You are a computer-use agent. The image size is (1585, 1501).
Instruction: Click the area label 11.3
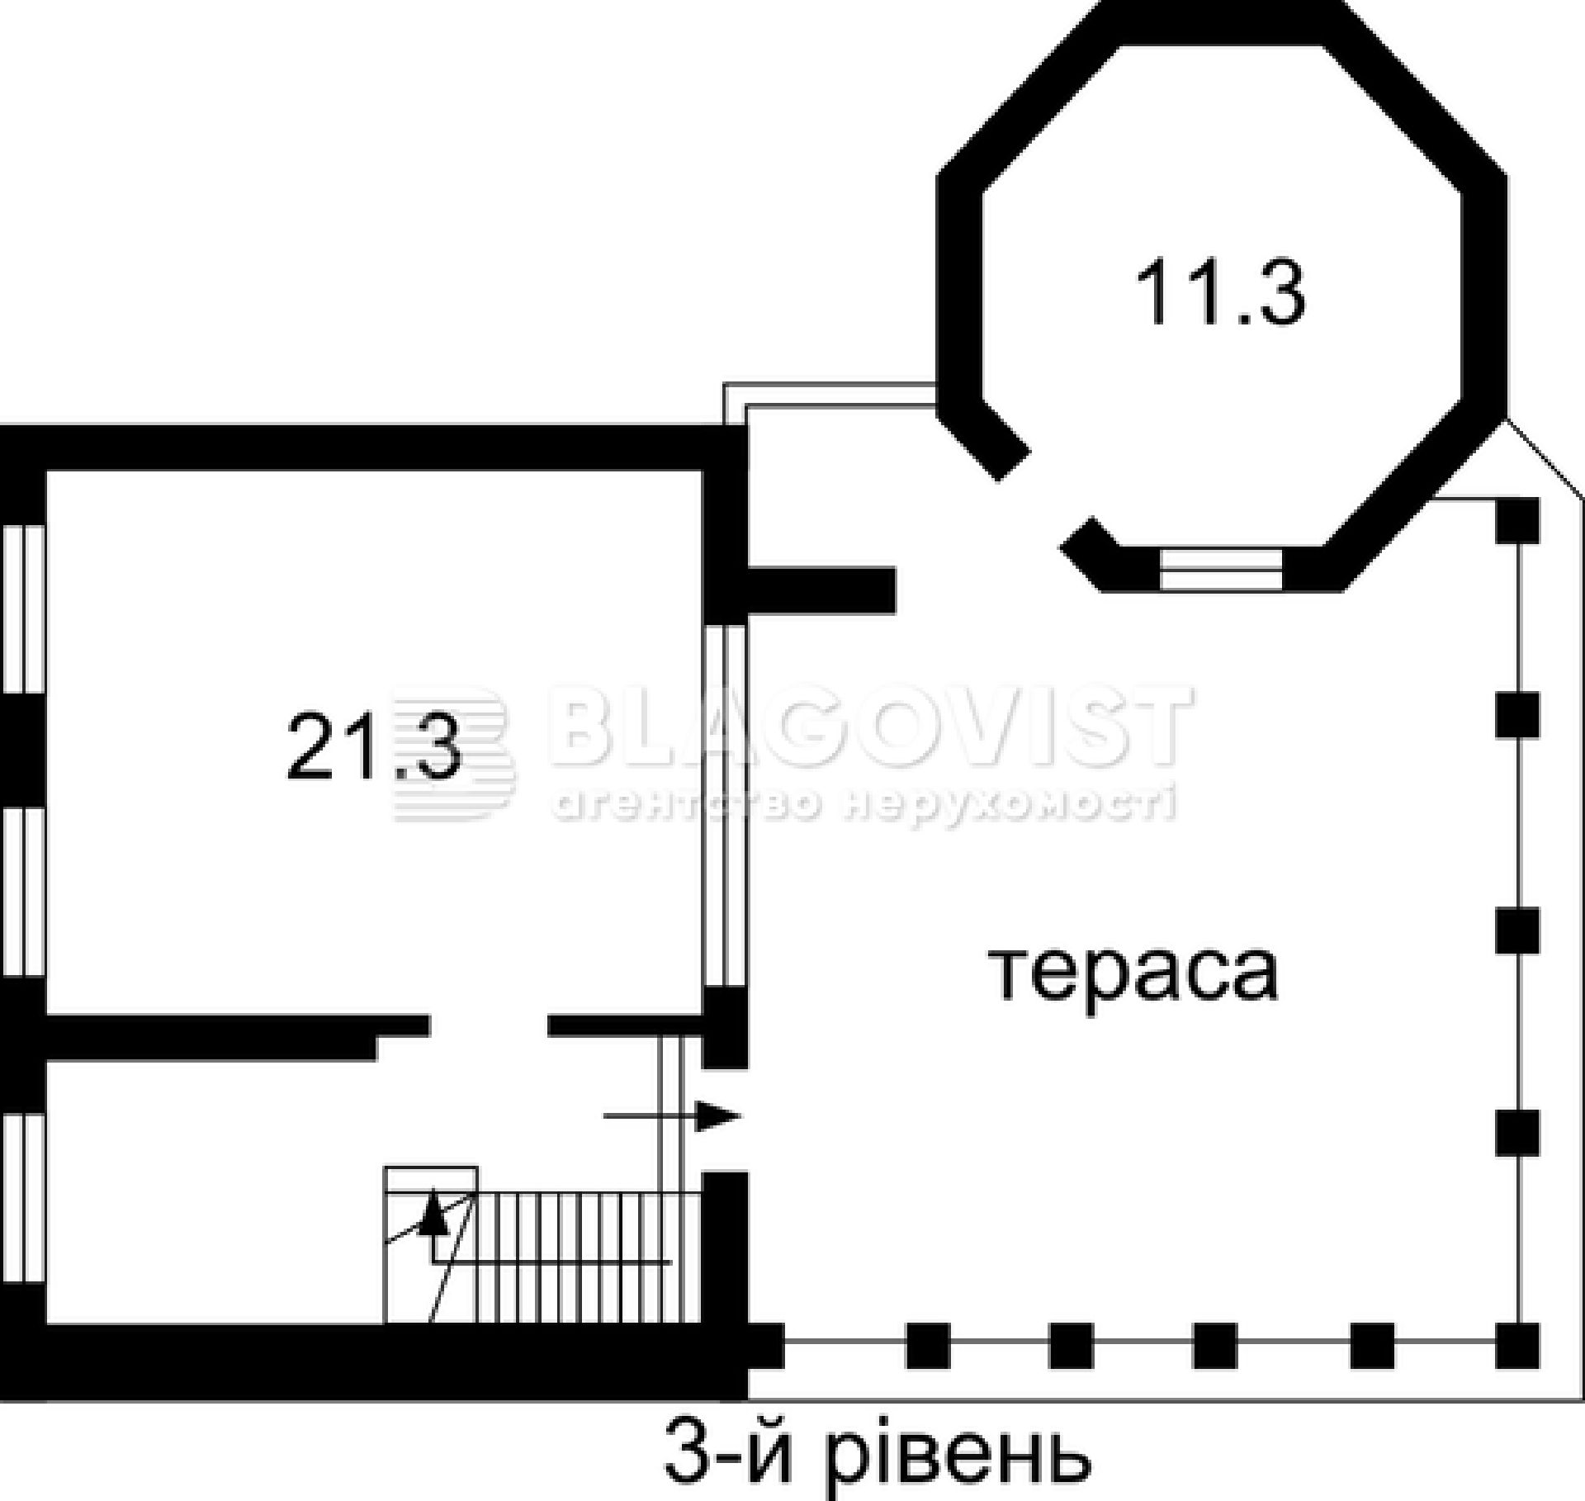(x=1220, y=294)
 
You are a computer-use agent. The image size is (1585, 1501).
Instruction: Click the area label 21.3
(x=373, y=748)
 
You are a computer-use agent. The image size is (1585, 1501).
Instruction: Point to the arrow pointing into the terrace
(x=672, y=1116)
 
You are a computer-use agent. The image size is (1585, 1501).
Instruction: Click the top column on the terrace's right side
(x=1517, y=520)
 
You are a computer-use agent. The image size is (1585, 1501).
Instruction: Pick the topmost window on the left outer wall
(x=23, y=608)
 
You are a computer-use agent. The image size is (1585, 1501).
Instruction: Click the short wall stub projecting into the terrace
(x=821, y=590)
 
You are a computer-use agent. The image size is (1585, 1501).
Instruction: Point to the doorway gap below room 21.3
(x=489, y=1025)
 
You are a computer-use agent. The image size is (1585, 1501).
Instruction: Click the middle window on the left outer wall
(x=23, y=892)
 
